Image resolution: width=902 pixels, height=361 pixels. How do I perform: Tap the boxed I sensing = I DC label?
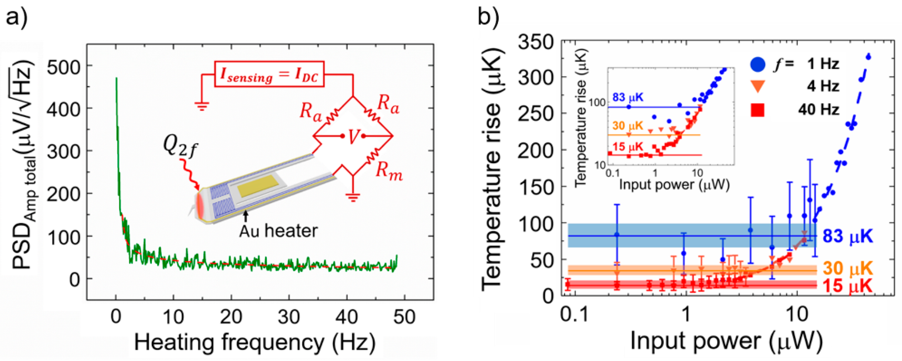pyautogui.click(x=269, y=74)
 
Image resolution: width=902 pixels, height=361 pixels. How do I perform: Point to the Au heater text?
pyautogui.click(x=278, y=231)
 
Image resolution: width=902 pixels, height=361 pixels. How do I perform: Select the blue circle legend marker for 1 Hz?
pyautogui.click(x=757, y=65)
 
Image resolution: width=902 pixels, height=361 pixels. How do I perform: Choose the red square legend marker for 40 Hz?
pyautogui.click(x=757, y=110)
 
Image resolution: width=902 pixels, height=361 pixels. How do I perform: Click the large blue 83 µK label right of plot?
pyautogui.click(x=847, y=236)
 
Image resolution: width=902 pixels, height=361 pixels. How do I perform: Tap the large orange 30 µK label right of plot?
pyautogui.click(x=847, y=268)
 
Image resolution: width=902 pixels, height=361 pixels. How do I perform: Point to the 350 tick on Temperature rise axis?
pyautogui.click(x=535, y=43)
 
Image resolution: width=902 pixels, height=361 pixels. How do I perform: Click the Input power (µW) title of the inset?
pyautogui.click(x=674, y=184)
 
